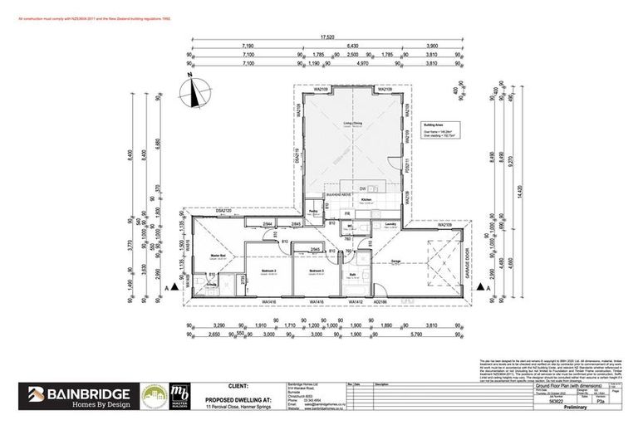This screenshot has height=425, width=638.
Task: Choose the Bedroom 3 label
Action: (x=316, y=271)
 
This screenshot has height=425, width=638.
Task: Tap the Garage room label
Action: (x=396, y=261)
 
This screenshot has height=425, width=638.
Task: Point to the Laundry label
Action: (x=389, y=223)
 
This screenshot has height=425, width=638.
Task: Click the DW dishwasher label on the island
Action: (x=363, y=188)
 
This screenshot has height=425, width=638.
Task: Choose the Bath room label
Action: (x=352, y=275)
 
